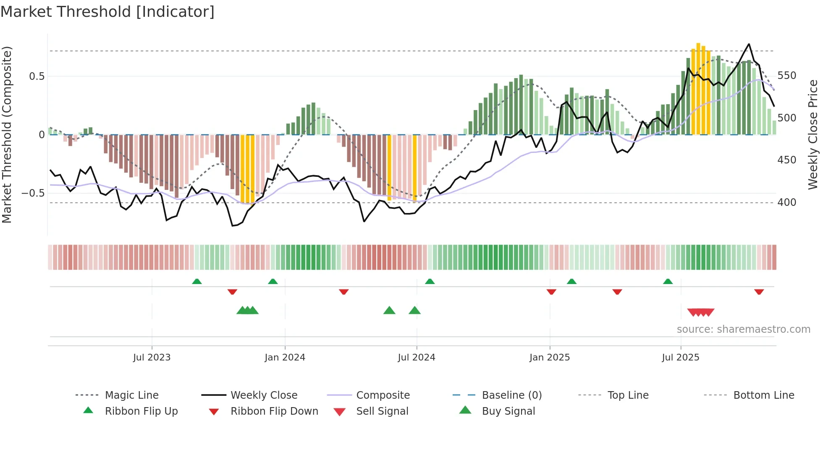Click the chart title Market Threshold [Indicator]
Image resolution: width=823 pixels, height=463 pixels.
click(107, 12)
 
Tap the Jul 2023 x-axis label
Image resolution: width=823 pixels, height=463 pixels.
click(152, 358)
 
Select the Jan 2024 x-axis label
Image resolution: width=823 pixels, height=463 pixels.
click(285, 358)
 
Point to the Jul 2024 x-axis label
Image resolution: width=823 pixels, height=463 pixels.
click(416, 358)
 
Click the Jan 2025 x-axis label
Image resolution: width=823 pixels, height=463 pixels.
click(549, 358)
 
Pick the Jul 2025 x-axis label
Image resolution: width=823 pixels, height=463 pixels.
click(680, 358)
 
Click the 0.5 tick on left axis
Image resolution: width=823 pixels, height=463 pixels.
click(37, 76)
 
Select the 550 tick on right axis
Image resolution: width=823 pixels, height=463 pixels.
click(787, 76)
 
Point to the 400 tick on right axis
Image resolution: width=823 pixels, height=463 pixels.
click(787, 203)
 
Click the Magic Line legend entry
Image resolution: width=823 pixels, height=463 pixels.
click(131, 395)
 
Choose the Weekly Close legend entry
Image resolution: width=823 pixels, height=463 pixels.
click(264, 395)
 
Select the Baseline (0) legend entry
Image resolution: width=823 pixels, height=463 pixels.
click(511, 395)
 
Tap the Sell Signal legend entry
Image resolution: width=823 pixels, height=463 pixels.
click(382, 411)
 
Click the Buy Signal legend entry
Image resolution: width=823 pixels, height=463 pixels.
click(508, 411)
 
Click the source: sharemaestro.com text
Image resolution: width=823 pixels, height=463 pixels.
click(743, 329)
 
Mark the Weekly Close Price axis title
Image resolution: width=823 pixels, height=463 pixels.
click(813, 134)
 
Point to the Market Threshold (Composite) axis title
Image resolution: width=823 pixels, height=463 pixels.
click(7, 134)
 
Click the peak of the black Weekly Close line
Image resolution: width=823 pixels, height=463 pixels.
click(749, 44)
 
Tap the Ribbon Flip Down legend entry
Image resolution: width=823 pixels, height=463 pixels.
click(274, 411)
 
